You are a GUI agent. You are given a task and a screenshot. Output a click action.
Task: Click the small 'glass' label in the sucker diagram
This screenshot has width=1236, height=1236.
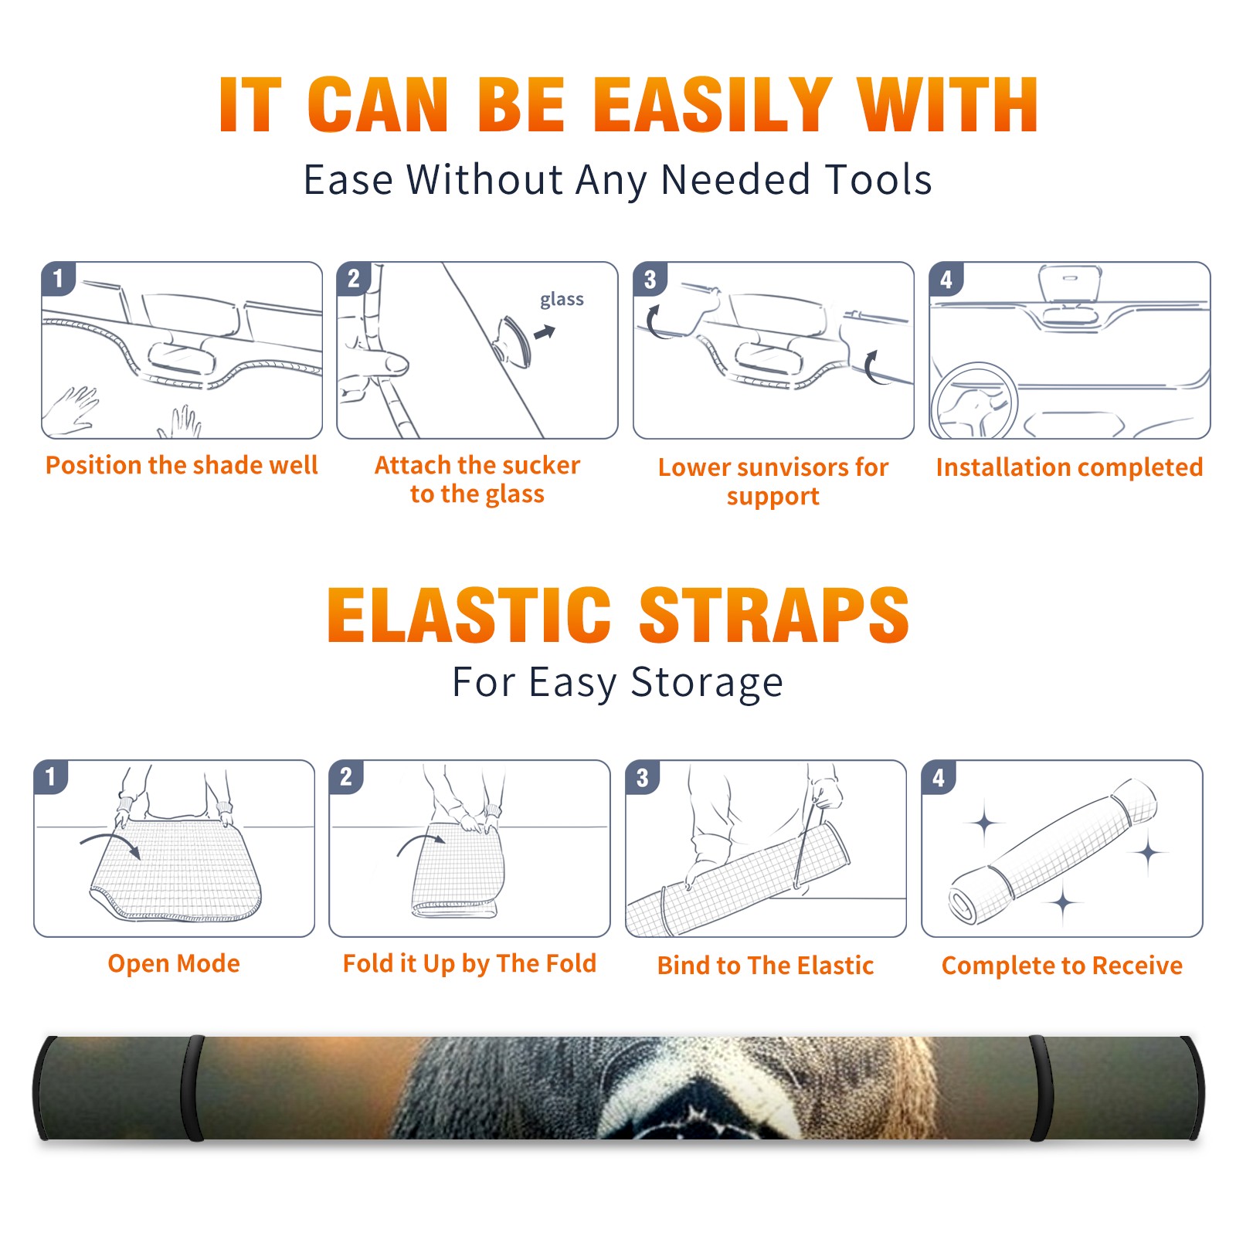click(x=562, y=300)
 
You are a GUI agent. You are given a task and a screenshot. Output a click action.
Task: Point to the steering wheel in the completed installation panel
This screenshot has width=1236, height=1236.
click(x=974, y=402)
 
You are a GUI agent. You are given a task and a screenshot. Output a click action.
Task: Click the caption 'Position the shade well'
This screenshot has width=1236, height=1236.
click(x=182, y=465)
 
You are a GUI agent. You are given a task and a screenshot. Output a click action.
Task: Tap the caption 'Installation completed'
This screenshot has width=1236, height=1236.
click(x=1069, y=467)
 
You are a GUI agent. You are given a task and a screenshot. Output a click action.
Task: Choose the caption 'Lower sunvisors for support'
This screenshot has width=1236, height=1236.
click(x=773, y=481)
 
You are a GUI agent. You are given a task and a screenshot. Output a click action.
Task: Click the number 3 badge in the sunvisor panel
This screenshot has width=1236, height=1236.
click(x=650, y=279)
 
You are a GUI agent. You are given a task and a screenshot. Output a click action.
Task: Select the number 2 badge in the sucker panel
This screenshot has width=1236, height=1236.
click(x=354, y=278)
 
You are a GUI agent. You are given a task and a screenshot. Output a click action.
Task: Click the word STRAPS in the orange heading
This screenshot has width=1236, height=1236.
click(x=775, y=615)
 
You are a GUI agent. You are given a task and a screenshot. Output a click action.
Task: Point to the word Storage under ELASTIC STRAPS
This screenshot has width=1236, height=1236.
click(x=707, y=683)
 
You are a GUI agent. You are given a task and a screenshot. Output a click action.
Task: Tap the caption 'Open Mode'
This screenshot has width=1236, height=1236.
click(x=174, y=963)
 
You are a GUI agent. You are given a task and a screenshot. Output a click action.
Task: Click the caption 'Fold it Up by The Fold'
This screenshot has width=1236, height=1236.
click(x=470, y=963)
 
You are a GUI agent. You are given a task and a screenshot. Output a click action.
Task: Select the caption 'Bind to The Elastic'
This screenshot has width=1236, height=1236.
click(x=766, y=966)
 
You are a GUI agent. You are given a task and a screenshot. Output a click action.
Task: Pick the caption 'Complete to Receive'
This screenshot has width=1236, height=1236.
click(x=1062, y=966)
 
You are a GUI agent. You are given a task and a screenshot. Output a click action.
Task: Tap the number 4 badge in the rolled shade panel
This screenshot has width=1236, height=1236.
click(x=939, y=777)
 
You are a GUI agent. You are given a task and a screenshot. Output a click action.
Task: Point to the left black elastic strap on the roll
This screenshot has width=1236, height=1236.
click(x=192, y=1088)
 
